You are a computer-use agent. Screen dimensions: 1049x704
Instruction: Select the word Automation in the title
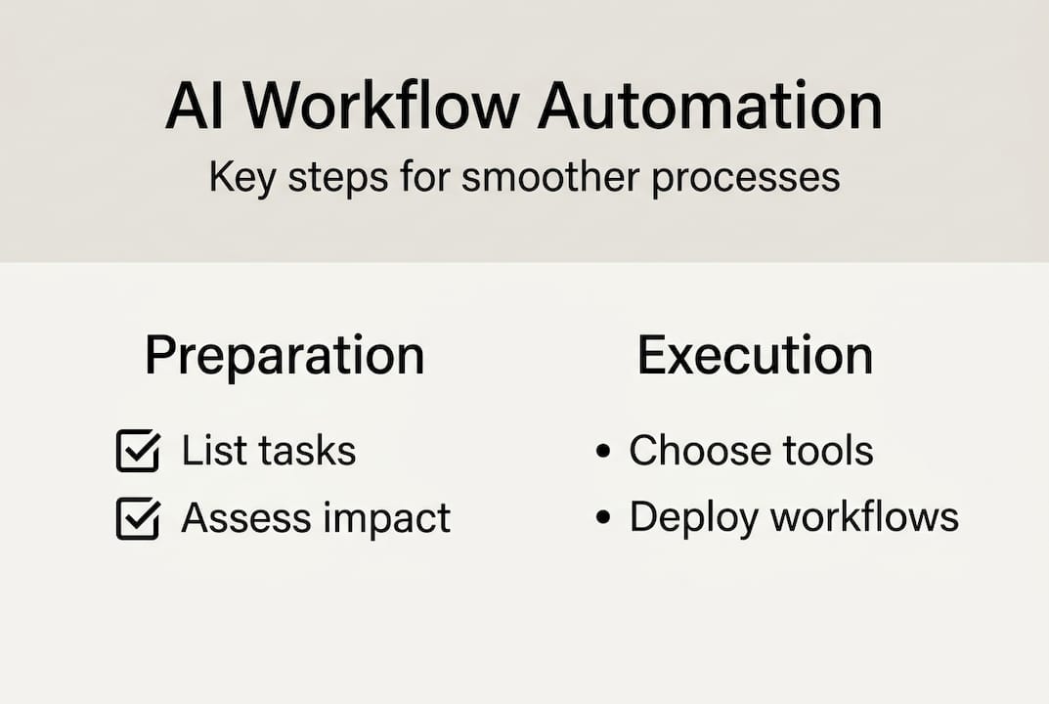pos(711,106)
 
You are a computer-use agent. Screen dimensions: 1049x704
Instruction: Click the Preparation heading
pos(285,356)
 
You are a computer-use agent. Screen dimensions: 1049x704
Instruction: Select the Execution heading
pos(756,355)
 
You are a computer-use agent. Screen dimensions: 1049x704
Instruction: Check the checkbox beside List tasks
pos(139,451)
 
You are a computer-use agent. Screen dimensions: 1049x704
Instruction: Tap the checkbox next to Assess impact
pos(139,518)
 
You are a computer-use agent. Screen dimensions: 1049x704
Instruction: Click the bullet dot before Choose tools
pos(603,451)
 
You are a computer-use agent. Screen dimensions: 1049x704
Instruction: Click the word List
pos(214,450)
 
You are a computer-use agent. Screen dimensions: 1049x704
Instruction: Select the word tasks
pos(307,450)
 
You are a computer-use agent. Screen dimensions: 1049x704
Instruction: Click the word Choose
pos(700,450)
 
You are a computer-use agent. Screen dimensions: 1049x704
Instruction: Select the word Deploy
pos(694,519)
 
